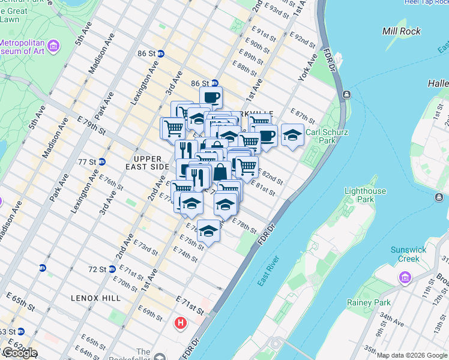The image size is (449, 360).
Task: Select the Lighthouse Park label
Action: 364,194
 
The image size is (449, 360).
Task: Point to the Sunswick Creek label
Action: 408,254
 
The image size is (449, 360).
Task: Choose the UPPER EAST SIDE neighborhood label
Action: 148,162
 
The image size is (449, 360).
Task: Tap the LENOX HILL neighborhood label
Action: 95,298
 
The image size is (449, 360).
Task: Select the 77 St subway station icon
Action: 102,161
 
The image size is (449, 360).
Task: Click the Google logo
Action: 20,353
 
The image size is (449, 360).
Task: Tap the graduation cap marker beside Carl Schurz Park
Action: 292,134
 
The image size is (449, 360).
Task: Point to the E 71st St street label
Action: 190,302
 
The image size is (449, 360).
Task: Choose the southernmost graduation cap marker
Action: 208,230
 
